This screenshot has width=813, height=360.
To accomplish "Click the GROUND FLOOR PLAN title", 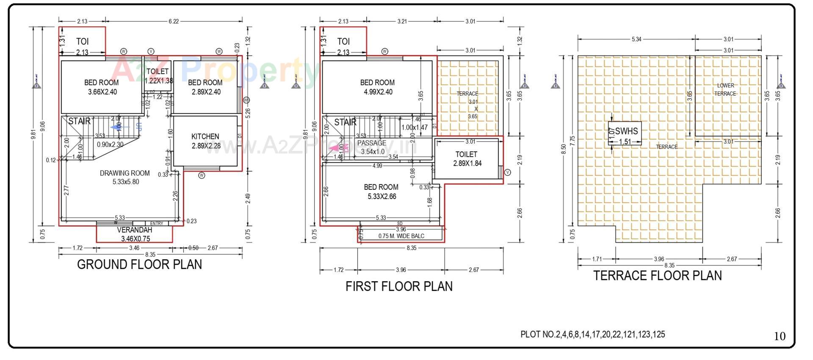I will click(x=139, y=265).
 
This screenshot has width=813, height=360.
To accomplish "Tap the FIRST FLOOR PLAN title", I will click(x=399, y=287).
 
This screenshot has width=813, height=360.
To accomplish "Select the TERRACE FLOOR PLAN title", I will click(x=657, y=276).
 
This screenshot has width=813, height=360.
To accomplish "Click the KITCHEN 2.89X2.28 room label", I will click(x=205, y=141).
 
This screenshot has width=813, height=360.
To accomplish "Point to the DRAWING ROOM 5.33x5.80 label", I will click(x=125, y=177).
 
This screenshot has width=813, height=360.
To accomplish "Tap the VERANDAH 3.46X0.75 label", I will click(x=135, y=234).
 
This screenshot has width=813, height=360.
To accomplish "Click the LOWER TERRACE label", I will click(x=725, y=89).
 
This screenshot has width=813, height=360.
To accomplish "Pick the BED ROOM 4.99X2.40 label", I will click(x=377, y=87).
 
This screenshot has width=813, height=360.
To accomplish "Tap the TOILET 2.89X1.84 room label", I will click(x=467, y=159).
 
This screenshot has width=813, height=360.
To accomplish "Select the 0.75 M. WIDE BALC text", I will click(x=401, y=236).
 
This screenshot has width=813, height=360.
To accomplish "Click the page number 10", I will click(x=780, y=336).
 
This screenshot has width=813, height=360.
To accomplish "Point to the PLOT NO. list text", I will click(x=592, y=335).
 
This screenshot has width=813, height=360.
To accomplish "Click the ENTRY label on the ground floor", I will click(x=156, y=223).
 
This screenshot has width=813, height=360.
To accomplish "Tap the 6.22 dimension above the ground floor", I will click(x=174, y=21).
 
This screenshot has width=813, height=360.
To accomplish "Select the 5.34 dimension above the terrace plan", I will click(x=636, y=39).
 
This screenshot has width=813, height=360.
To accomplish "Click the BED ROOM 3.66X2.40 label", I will click(x=101, y=87).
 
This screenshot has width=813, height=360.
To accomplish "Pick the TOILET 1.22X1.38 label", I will click(x=158, y=76).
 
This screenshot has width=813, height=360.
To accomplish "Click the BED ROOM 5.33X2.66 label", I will click(x=381, y=191).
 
